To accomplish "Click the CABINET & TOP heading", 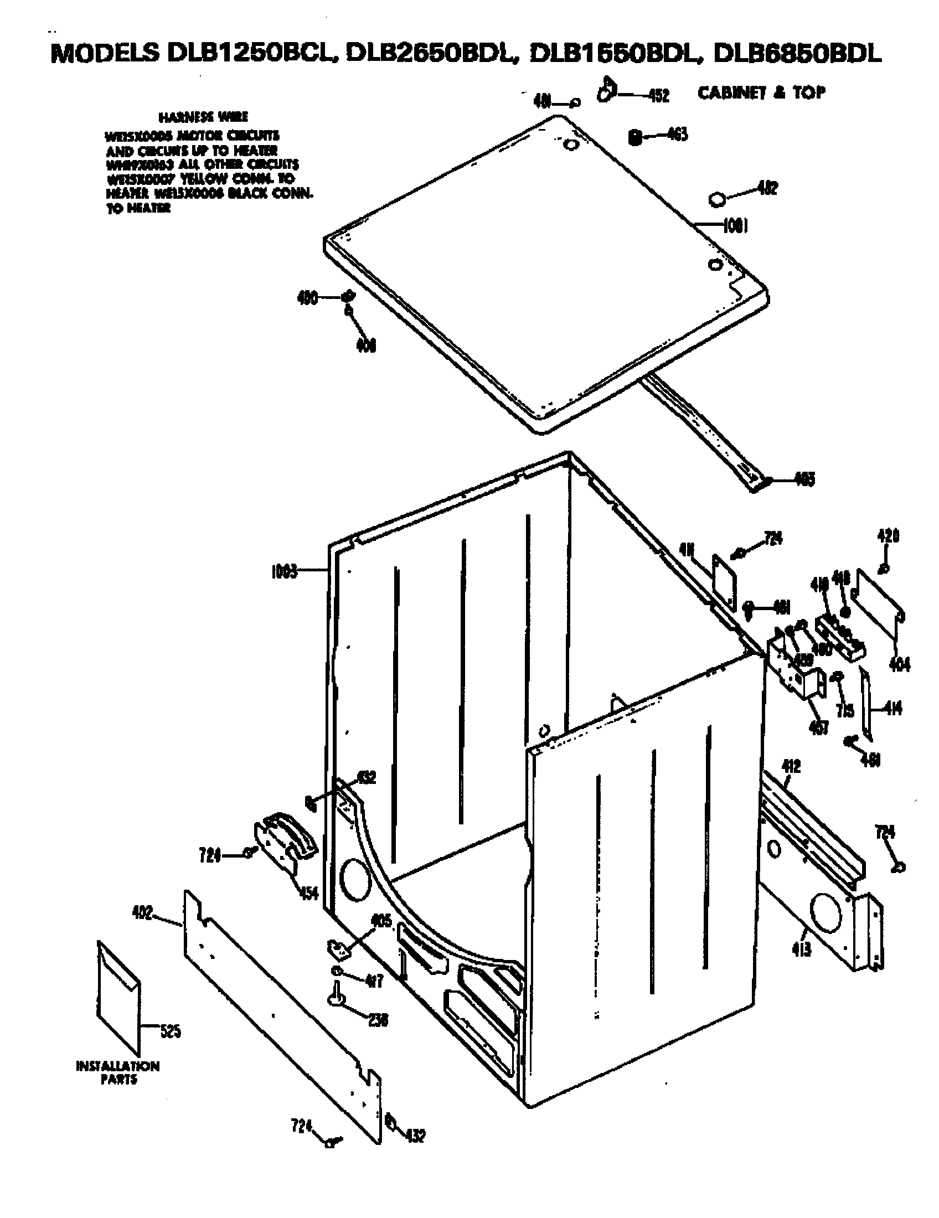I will [761, 92].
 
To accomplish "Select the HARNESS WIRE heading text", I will [203, 117].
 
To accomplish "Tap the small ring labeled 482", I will [717, 199].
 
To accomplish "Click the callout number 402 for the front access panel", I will [142, 913].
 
